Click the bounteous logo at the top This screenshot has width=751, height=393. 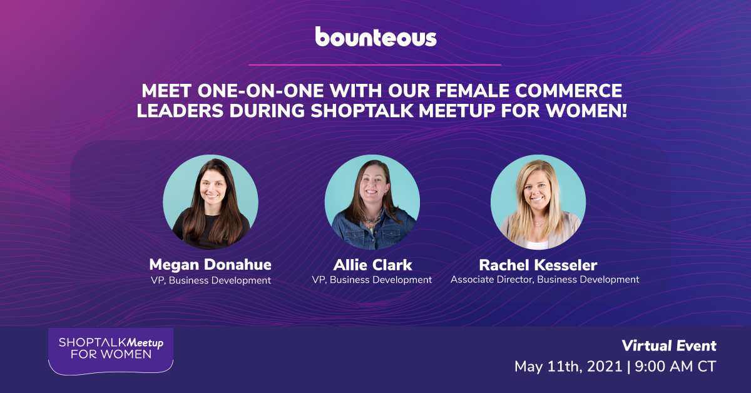pos(376,37)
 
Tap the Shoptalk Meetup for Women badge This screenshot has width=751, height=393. pos(111,350)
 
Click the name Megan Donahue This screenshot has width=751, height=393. pos(210,265)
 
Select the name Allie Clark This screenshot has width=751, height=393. pos(372,265)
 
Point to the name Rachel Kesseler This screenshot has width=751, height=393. pos(538,265)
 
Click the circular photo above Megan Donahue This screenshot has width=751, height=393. pos(210,202)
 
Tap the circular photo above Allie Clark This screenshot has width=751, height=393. pos(372,202)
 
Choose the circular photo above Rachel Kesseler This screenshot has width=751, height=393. pos(538,202)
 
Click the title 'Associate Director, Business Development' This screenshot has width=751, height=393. pos(545,280)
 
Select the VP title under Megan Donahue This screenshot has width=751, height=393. pos(210,280)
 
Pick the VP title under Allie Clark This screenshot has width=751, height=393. pos(372,280)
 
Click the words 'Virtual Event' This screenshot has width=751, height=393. pos(669,345)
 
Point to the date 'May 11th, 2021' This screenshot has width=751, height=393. pos(568,367)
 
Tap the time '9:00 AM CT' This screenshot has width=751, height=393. pos(675,367)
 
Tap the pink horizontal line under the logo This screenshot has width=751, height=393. pos(375,64)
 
